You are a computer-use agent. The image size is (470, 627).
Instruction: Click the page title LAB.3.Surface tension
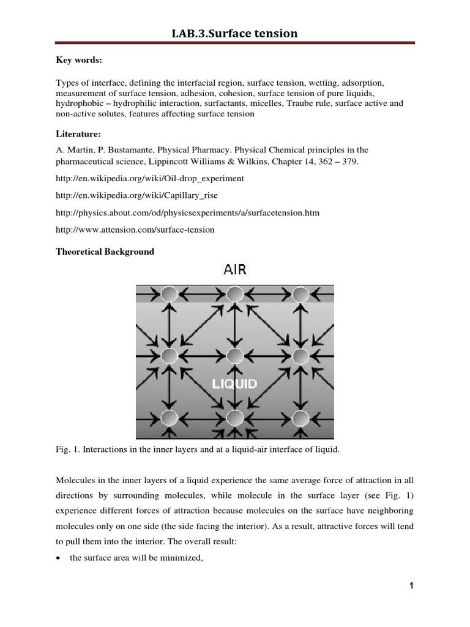pyautogui.click(x=235, y=33)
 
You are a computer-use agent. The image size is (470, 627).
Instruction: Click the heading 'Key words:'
pyautogui.click(x=76, y=61)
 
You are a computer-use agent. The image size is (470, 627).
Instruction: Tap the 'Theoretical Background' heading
pyautogui.click(x=105, y=252)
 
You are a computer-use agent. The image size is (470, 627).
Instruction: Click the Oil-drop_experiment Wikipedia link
pyautogui.click(x=149, y=178)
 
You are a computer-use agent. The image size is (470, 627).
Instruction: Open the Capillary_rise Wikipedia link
pyautogui.click(x=136, y=195)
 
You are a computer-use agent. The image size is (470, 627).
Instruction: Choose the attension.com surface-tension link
pyautogui.click(x=135, y=230)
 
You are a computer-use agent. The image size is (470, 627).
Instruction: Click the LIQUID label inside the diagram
pyautogui.click(x=234, y=384)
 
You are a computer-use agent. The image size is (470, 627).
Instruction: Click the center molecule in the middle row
pyautogui.click(x=235, y=355)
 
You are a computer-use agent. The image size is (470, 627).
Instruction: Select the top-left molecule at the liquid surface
pyautogui.click(x=170, y=295)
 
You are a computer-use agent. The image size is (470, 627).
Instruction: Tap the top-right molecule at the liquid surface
pyautogui.click(x=300, y=295)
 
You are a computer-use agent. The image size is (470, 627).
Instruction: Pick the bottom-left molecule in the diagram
pyautogui.click(x=170, y=418)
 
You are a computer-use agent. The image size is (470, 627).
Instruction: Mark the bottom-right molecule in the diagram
pyautogui.click(x=300, y=418)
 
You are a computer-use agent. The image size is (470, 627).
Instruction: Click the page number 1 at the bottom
pyautogui.click(x=412, y=587)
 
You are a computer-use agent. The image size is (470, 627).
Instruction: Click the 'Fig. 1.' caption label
pyautogui.click(x=67, y=450)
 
